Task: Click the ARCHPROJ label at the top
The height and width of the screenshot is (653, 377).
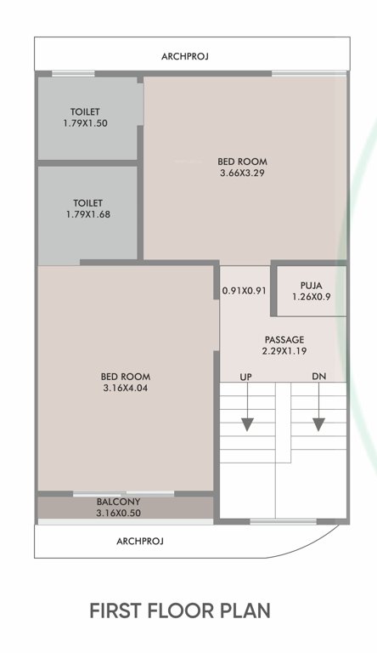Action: click(x=184, y=56)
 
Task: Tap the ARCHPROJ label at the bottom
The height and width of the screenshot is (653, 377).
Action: click(x=139, y=540)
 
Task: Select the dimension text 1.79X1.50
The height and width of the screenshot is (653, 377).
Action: click(x=85, y=124)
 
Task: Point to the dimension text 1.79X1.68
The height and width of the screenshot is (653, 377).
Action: click(x=87, y=215)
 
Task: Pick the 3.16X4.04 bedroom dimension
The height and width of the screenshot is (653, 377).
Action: click(x=126, y=389)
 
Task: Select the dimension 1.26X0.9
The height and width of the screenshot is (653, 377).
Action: click(x=311, y=297)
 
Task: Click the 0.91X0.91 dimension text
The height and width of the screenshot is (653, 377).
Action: click(x=245, y=291)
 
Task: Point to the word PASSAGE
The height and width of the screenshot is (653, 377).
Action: click(x=284, y=339)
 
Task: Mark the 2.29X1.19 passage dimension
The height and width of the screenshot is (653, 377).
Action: click(x=284, y=351)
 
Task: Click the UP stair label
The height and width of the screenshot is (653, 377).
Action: click(x=246, y=375)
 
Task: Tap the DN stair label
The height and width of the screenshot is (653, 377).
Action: click(x=318, y=375)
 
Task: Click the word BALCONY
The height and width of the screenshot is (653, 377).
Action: click(x=125, y=503)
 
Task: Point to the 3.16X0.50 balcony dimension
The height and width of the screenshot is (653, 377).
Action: click(x=125, y=514)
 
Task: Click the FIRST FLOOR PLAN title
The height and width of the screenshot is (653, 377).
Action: click(x=180, y=610)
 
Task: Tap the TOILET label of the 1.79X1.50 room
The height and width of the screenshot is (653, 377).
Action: click(x=85, y=112)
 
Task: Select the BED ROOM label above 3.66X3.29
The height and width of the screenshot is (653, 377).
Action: click(x=243, y=161)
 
